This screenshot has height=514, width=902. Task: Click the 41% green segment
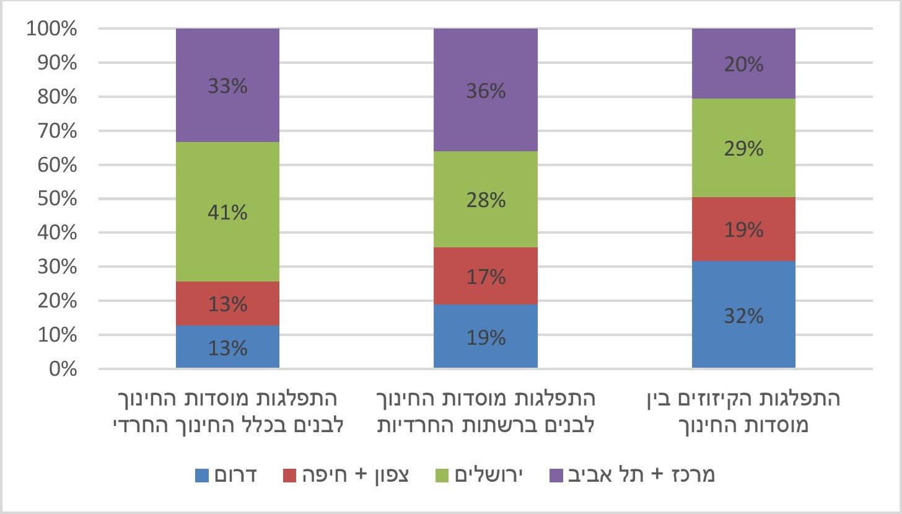pyautogui.click(x=227, y=212)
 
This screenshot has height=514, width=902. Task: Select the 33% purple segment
pyautogui.click(x=227, y=86)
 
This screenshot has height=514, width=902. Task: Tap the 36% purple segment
pyautogui.click(x=485, y=91)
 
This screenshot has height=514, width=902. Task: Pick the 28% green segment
pyautogui.click(x=485, y=200)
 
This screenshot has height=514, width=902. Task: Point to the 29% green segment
pyautogui.click(x=743, y=148)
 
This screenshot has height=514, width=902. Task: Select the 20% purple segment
pyautogui.click(x=743, y=64)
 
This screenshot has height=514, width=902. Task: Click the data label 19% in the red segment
pyautogui.click(x=743, y=231)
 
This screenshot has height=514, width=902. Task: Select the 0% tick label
pyautogui.click(x=61, y=370)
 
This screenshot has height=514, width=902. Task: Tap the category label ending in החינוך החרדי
pyautogui.click(x=227, y=411)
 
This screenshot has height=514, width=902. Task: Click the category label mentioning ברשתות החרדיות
pyautogui.click(x=485, y=411)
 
